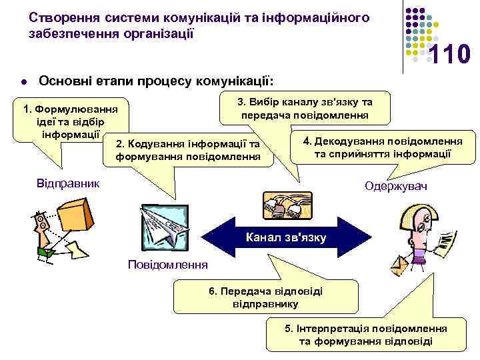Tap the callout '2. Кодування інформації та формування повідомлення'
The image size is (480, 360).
coord(188,151)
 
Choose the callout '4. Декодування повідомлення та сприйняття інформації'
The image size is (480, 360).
coord(383,148)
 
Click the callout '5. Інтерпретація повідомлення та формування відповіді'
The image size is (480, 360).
coord(365,335)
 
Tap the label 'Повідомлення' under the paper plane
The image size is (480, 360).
coord(167,265)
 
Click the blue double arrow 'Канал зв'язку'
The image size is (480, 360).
coord(287,237)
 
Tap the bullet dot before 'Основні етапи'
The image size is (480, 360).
coord(23,83)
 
